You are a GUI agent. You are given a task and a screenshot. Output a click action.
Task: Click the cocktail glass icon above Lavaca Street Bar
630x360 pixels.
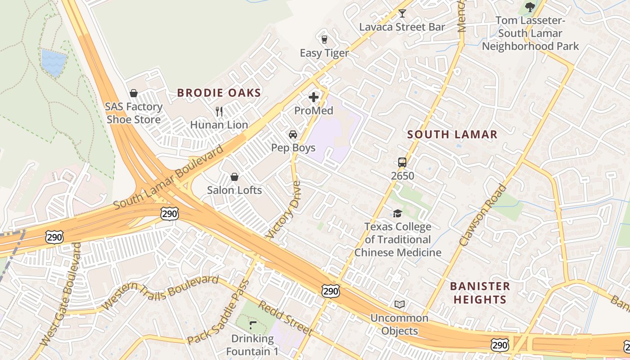(x=402, y=13)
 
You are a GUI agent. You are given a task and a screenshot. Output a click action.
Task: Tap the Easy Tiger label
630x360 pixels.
(x=324, y=53)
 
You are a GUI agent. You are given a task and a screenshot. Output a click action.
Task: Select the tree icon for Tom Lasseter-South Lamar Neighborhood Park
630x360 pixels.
(x=530, y=7)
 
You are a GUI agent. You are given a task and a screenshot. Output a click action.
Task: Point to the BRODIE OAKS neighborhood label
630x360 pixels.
(x=219, y=93)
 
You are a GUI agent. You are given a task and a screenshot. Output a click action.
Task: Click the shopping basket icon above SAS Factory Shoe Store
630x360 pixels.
(x=134, y=93)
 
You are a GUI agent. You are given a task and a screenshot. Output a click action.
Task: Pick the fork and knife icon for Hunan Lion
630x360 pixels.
(x=219, y=111)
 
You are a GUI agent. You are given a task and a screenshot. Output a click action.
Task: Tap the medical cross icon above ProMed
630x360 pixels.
(x=314, y=97)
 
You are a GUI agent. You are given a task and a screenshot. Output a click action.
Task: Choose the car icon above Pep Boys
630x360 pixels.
(x=293, y=135)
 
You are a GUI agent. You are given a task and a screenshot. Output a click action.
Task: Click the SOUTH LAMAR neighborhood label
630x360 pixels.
(x=452, y=134)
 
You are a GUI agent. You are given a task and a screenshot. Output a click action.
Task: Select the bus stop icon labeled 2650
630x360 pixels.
(x=402, y=162)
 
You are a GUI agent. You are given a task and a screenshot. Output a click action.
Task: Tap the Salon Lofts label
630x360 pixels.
(x=234, y=190)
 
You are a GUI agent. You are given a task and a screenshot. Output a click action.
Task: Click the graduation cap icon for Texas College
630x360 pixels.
(x=397, y=213)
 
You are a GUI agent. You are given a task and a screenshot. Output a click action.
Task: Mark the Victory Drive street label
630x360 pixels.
(x=283, y=210)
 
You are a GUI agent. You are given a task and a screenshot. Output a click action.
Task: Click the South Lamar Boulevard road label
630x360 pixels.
(x=168, y=177)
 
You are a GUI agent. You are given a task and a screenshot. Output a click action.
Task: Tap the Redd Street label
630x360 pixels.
(x=285, y=318)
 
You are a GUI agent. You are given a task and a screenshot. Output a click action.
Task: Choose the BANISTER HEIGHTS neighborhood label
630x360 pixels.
(x=480, y=292)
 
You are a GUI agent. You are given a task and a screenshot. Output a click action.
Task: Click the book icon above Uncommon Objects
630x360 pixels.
(x=400, y=305)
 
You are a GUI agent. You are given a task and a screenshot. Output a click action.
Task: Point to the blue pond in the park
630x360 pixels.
(x=54, y=61)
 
